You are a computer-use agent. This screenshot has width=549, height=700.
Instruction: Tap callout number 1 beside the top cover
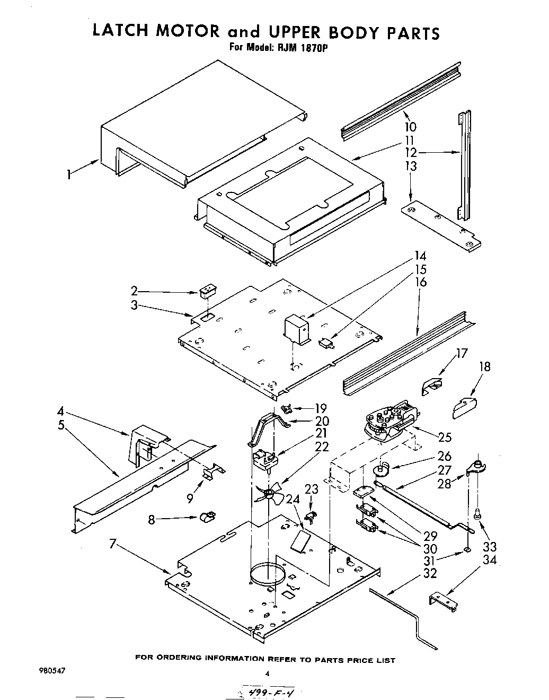[x=69, y=174]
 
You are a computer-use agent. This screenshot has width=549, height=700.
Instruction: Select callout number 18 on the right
[x=484, y=366]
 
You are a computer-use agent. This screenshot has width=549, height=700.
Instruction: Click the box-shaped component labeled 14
[x=297, y=330]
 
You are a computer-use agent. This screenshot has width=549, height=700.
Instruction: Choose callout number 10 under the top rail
[x=410, y=127]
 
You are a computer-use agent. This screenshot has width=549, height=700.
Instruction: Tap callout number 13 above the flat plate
[x=410, y=167]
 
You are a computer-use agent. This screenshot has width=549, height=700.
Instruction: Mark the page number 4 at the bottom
[x=268, y=673]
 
